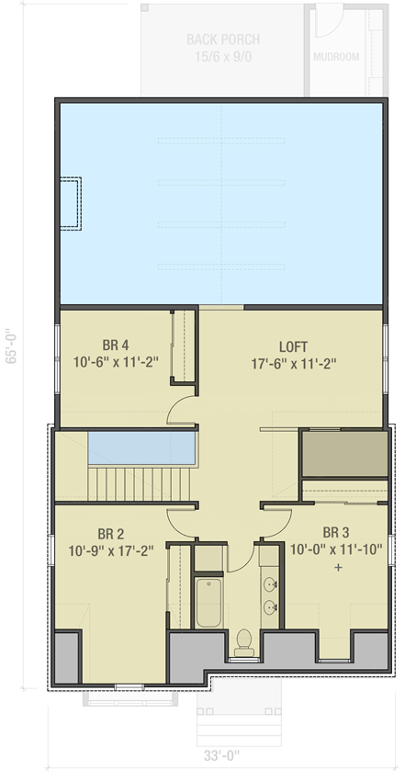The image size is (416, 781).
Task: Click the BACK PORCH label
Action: (222, 40)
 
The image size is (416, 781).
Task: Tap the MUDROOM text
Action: (335, 57)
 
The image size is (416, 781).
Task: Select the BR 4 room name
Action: (117, 346)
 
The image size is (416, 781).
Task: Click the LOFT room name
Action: (295, 346)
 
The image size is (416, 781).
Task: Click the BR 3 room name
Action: (336, 533)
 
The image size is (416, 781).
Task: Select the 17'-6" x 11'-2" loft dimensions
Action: (295, 363)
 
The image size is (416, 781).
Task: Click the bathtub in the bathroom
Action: (208, 603)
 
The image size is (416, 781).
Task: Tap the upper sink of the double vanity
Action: (271, 584)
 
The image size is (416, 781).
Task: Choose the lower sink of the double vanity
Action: (271, 607)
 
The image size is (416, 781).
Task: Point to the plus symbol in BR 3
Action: (338, 568)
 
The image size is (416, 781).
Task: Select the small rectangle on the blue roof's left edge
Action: (71, 202)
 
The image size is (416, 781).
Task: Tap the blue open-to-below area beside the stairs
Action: (142, 447)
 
